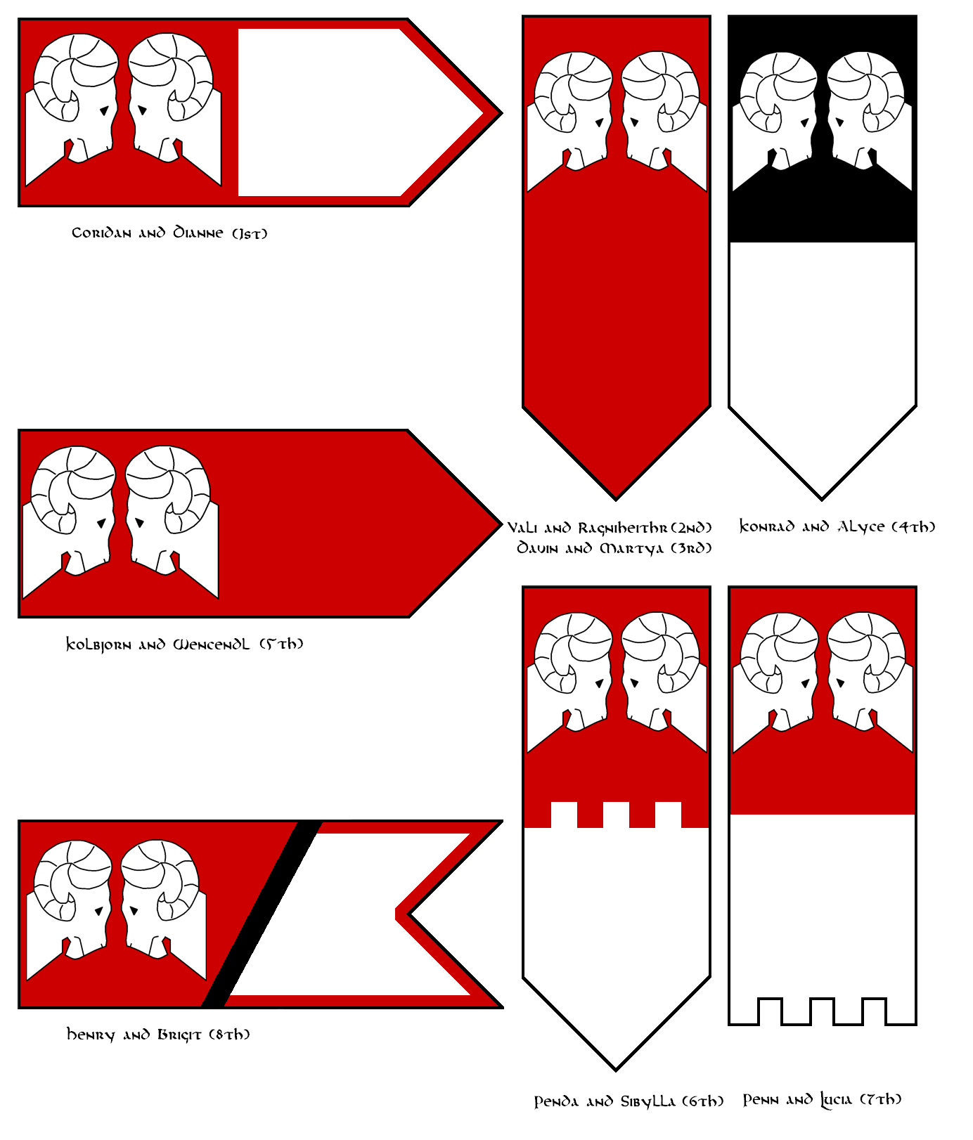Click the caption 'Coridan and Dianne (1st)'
[x=169, y=233]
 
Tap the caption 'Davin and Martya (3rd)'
[x=614, y=548]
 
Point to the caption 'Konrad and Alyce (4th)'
[x=837, y=526]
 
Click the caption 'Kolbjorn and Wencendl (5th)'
[x=184, y=644]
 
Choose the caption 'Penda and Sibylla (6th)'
[x=629, y=1101]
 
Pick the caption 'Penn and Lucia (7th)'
[x=822, y=1099]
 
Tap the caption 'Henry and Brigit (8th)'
[x=158, y=1035]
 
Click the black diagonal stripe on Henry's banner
[x=262, y=914]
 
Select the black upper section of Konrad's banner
[x=823, y=211]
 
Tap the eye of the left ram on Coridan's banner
[x=104, y=110]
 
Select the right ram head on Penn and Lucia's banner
[x=870, y=682]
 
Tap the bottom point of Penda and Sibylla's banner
[x=616, y=1070]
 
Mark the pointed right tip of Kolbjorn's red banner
[x=500, y=524]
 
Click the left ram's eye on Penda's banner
[x=600, y=682]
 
